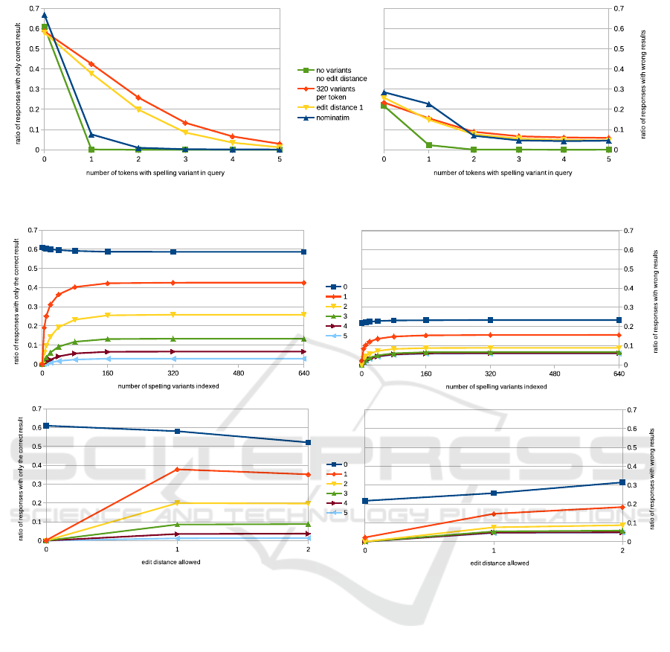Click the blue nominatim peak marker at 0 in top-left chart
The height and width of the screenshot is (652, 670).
45,15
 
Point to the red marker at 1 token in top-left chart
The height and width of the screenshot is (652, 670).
91,64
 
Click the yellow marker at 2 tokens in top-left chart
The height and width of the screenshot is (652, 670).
138,109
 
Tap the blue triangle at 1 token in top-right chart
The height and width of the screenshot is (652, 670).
429,104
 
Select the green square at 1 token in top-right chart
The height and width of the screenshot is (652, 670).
429,145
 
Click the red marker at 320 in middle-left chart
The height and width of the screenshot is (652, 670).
173,283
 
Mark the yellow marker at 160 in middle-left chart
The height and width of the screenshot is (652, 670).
108,316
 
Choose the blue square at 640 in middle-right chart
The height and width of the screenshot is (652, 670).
619,320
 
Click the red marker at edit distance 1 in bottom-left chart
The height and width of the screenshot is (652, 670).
177,470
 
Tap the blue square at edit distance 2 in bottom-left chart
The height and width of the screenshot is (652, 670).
308,442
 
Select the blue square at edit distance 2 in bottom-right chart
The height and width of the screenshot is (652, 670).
622,482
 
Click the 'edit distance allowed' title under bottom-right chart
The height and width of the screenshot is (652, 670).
500,563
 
